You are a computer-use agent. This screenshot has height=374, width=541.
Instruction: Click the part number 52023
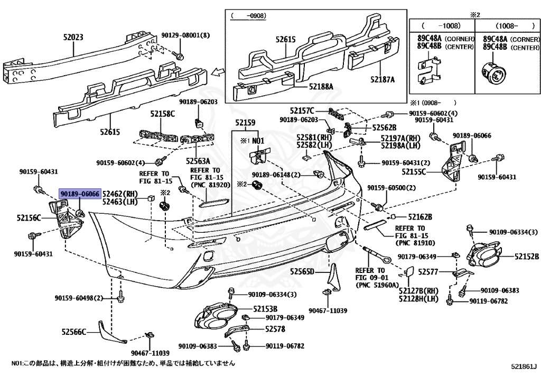coord(73,38)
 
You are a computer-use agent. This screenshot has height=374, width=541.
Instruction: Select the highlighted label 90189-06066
coord(79,194)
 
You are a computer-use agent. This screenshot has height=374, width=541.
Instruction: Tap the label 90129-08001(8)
coord(185,35)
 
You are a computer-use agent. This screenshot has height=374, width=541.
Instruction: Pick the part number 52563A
coord(198,161)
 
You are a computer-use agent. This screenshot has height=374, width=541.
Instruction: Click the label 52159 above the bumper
coord(245,123)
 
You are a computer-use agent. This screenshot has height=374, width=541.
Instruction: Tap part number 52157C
coord(302,111)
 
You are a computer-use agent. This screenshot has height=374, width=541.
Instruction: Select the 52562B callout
coord(384,127)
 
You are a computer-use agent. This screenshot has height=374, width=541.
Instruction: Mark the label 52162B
coord(420,217)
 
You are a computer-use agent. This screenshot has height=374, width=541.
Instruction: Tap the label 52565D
coord(302,272)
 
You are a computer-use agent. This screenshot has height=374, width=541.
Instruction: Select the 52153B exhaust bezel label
coord(265,308)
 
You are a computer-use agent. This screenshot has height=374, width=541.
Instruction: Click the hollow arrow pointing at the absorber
coord(216,71)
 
